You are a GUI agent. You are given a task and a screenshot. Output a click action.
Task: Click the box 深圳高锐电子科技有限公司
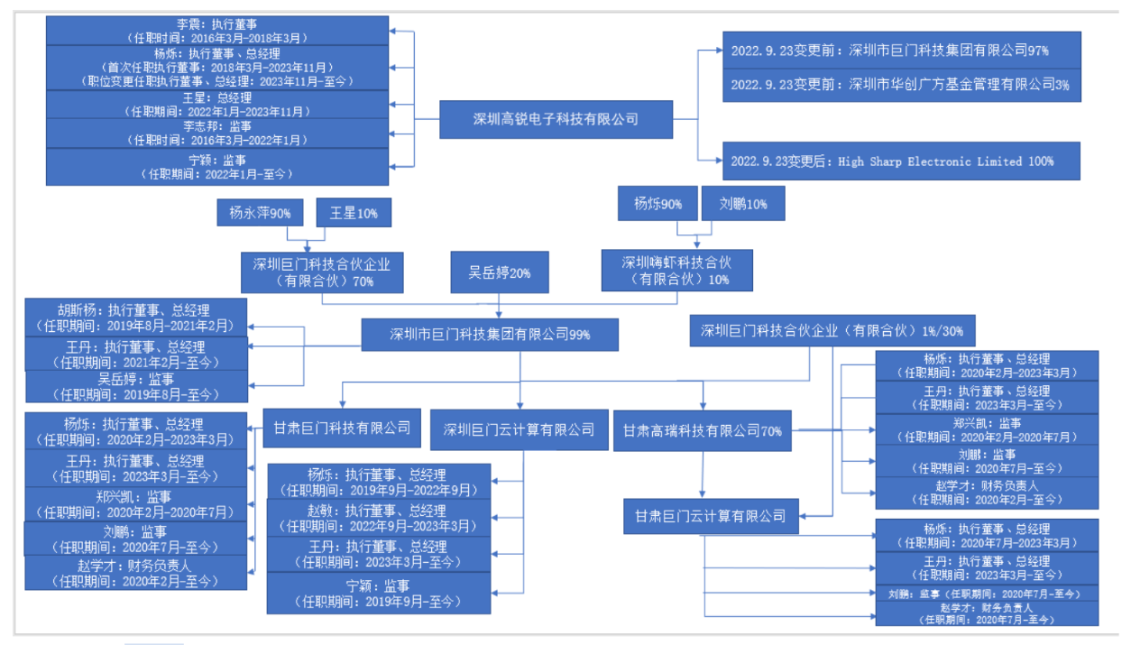[556, 119]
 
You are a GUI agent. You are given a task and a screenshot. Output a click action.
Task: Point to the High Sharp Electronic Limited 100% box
[901, 161]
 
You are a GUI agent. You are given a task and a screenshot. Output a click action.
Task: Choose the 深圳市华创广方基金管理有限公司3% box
[901, 85]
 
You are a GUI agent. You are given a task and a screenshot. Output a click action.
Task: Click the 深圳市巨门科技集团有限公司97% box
[901, 51]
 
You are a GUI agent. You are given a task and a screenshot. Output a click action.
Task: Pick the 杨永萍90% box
[259, 214]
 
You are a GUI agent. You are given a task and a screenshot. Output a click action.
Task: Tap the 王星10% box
[354, 214]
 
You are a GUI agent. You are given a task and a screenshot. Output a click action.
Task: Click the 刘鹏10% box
[742, 204]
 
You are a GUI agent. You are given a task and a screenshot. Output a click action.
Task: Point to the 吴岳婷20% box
[499, 272]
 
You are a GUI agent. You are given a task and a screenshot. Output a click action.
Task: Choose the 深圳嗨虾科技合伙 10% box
[676, 271]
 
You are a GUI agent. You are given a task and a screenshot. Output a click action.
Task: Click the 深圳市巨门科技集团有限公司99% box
[490, 335]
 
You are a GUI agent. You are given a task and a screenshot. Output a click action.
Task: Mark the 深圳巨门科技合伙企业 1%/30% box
[832, 331]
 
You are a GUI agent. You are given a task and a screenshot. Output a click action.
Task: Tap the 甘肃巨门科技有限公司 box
[342, 428]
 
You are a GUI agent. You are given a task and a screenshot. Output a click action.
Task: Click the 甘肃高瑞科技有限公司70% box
[703, 430]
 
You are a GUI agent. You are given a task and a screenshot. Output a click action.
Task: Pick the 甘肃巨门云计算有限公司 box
[710, 517]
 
